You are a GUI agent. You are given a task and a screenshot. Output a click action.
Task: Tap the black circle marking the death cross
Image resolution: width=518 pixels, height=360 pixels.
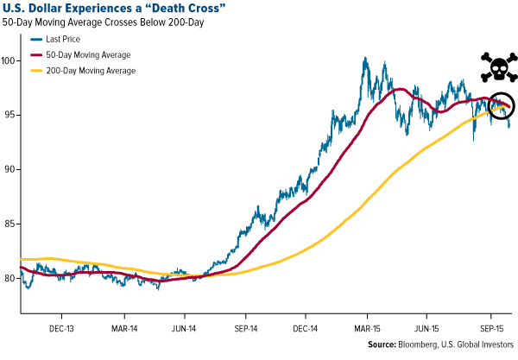pos(500,106)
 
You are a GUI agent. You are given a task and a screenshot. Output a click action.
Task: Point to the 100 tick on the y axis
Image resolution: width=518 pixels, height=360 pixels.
pos(10,60)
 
